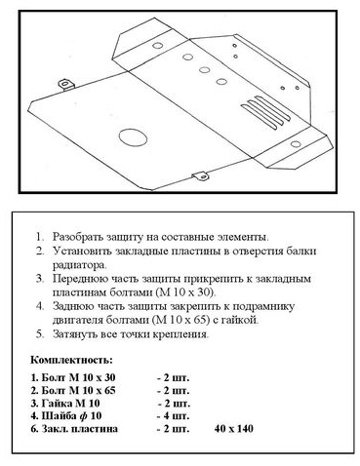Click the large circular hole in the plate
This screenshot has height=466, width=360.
pos(133,136)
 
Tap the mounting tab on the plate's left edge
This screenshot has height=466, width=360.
pos(66,84)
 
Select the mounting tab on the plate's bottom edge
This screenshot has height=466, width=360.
pos(200,175)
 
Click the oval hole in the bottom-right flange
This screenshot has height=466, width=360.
pos(296,144)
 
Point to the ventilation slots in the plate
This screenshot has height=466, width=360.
pos(265,111)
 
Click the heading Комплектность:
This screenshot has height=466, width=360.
pos(71,360)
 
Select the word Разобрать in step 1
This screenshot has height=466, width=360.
pos(78,237)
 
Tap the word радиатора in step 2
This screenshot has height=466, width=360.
pos(79,265)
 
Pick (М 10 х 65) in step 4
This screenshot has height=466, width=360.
pos(180,320)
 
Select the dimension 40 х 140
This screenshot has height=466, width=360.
pos(233,429)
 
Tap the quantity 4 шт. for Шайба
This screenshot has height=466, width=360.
pos(173,415)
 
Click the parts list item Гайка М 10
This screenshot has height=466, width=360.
pos(65,404)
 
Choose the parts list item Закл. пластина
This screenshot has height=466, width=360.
pos(74,429)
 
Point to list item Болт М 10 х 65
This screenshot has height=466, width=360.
pos(73,390)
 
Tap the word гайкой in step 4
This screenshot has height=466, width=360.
pos(240,320)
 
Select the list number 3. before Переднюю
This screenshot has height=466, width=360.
pos(40,279)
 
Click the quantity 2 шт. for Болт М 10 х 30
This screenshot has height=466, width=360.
pos(173,378)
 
